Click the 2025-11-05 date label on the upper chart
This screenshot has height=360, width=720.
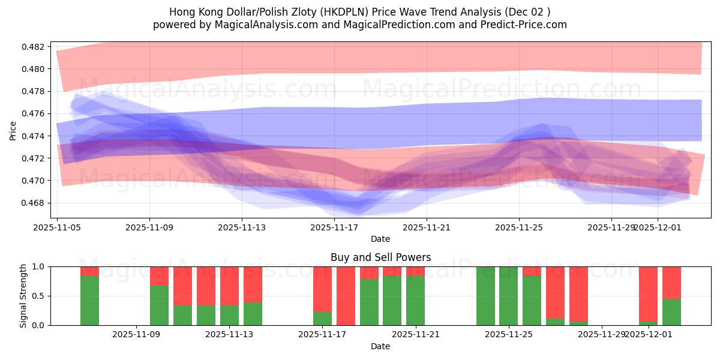point(57,227)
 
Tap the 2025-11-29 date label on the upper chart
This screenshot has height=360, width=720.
point(611,227)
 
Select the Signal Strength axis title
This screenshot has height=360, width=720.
point(23,296)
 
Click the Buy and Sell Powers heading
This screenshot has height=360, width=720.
point(380,257)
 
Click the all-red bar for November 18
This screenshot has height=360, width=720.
point(346,296)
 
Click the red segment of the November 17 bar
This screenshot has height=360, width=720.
point(322,289)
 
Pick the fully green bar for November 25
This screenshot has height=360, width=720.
point(508,296)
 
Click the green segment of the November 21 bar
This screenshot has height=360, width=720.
point(415,301)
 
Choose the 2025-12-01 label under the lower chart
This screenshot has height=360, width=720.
point(648,334)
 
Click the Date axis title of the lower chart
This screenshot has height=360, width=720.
point(380,346)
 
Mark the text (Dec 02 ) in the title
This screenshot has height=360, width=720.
point(526,12)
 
